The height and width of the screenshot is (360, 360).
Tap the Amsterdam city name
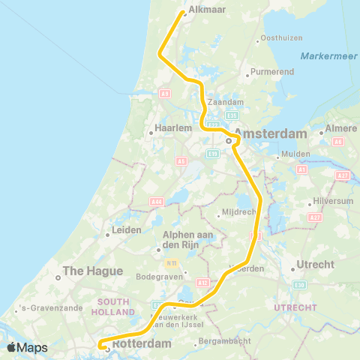(x=271, y=133)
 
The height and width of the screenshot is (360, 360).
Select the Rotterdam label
(x=142, y=343)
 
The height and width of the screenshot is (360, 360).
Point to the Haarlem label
(x=169, y=128)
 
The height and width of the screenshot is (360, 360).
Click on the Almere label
(x=341, y=128)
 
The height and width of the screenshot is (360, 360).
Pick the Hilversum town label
(x=333, y=202)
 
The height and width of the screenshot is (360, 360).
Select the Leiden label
(x=127, y=229)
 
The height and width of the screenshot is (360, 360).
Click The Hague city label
(x=87, y=271)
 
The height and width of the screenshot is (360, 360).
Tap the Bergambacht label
(x=222, y=342)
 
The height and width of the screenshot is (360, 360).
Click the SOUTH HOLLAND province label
(x=114, y=306)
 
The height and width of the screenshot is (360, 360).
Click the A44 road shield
(x=157, y=202)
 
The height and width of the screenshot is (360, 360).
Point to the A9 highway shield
(x=164, y=94)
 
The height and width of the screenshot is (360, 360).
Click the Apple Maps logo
(x=28, y=347)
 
